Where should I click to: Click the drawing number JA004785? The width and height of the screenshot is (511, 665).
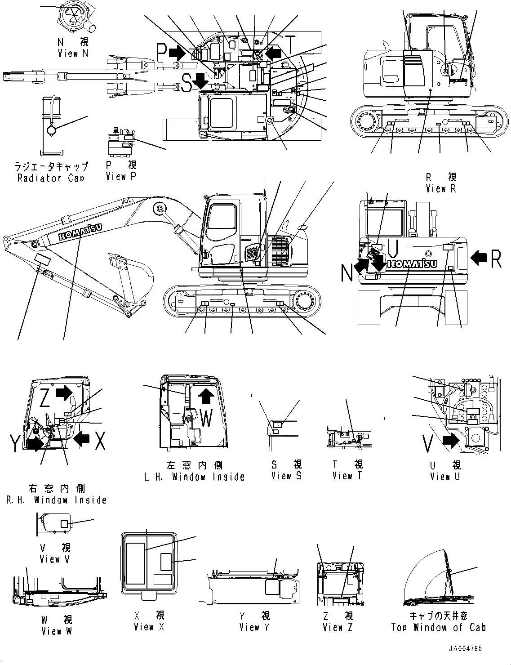[465, 649]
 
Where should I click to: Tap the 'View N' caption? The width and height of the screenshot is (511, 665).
[73, 53]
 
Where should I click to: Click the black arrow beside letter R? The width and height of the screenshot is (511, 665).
[478, 258]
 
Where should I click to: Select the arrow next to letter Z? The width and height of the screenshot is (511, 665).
[64, 393]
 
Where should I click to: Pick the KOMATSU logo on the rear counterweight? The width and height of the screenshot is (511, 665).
[412, 263]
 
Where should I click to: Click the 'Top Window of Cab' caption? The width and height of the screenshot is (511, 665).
[438, 627]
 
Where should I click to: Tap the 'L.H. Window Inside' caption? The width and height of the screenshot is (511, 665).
[194, 477]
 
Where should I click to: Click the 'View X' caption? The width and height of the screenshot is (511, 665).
[149, 626]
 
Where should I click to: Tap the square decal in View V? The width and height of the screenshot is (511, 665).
[64, 524]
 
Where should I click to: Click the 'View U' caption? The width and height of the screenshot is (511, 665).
[444, 476]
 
